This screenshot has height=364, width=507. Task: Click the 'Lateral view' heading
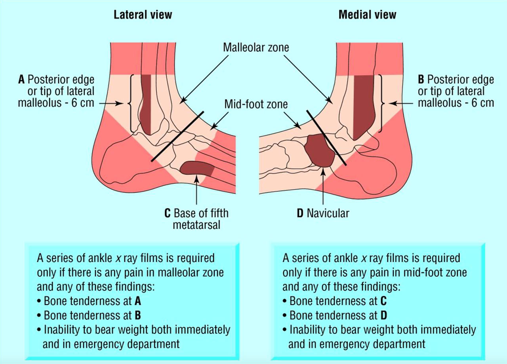click(x=143, y=15)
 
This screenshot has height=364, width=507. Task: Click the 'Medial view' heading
click(x=367, y=15)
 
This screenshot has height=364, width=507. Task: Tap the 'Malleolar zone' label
click(x=256, y=48)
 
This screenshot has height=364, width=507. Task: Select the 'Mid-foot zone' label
click(x=256, y=105)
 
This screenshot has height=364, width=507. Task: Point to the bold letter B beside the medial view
click(x=421, y=80)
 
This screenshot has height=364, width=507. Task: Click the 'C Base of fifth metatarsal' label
click(x=196, y=219)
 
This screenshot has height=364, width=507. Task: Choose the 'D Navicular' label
click(x=322, y=213)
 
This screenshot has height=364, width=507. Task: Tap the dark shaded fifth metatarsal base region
click(x=197, y=169)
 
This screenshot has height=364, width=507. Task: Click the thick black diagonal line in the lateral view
click(x=177, y=136)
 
